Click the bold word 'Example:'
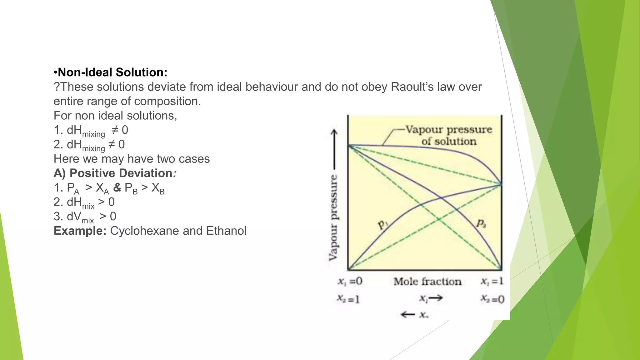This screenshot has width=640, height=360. coord(80,231)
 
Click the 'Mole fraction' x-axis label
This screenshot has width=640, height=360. coord(427,282)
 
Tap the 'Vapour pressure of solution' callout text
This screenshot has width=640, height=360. coord(449,135)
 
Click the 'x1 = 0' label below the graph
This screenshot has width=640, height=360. coord(350,281)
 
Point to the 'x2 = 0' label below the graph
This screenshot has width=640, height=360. coord(492,299)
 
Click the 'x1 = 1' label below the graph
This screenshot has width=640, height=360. coord(492,281)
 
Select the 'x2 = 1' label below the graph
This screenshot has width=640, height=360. coord(348,299)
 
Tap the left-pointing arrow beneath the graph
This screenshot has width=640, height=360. coord(408,314)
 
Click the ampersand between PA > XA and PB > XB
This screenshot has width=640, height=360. coord(117,187)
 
